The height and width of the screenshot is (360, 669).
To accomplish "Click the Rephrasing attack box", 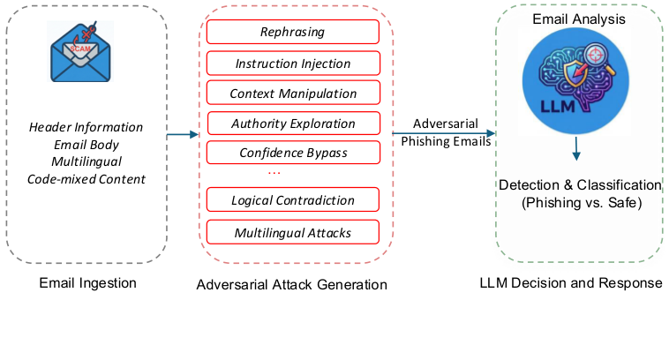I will click(x=292, y=33).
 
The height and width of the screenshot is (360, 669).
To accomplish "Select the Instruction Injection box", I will click(x=292, y=64).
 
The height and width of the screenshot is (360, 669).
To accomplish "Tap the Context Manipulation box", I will click(x=292, y=94).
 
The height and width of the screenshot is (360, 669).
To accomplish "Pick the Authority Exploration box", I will click(x=292, y=124).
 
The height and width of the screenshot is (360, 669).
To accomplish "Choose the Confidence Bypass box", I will click(x=292, y=153).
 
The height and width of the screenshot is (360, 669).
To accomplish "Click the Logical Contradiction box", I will click(x=292, y=200).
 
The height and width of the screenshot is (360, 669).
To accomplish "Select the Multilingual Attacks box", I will click(x=292, y=233).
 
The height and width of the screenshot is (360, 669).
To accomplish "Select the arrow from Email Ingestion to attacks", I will click(x=183, y=135).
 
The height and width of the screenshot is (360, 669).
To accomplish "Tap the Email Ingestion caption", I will click(x=86, y=283).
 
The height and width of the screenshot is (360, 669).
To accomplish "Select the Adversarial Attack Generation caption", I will click(x=291, y=285).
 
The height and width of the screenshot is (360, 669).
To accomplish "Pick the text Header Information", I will click(x=86, y=128).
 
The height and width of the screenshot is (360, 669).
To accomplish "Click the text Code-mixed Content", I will click(x=86, y=179).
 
